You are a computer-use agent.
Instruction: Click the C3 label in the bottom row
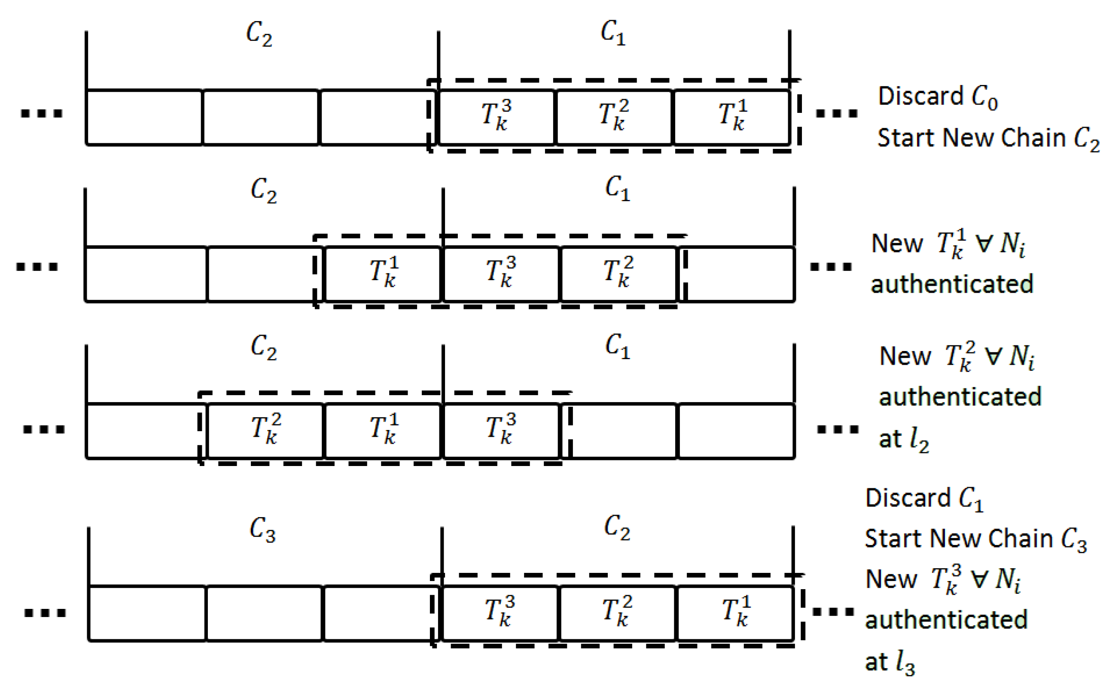[262, 530]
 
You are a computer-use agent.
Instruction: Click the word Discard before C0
[920, 96]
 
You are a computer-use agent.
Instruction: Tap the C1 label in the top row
[613, 33]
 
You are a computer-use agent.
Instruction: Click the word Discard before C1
[908, 498]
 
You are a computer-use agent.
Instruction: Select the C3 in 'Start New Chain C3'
[1074, 540]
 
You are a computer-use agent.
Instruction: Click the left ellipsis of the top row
[41, 113]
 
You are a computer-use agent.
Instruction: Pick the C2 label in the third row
[263, 347]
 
